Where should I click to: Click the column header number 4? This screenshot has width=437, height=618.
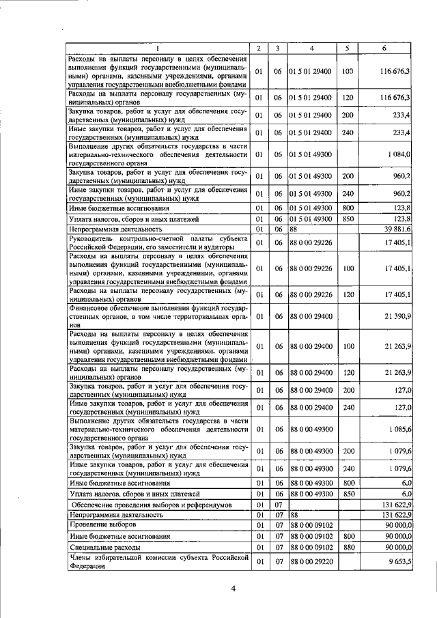(311, 48)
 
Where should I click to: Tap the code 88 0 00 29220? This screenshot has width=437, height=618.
(311, 562)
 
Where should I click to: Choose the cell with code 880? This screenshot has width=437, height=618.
(347, 548)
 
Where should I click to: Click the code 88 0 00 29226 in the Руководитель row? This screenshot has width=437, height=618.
(311, 242)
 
